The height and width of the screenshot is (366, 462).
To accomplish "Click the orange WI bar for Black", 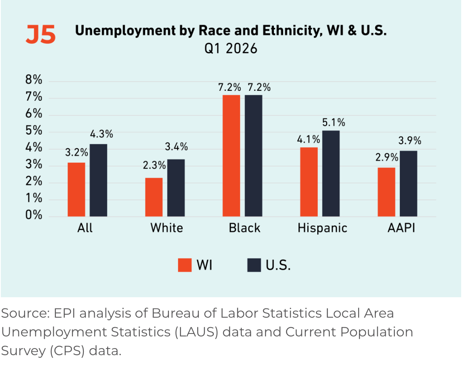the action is coord(231,156).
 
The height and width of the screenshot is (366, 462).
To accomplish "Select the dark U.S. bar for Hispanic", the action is coord(331,174).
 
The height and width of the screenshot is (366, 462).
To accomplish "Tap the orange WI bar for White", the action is coord(154,197).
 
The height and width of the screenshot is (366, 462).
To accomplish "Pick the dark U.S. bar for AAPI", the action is coord(408,184).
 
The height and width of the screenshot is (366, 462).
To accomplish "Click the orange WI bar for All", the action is coord(76,190).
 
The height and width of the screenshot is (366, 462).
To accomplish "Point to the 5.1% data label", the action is coord(334,122).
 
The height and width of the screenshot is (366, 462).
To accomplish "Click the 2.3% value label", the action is coord(154,165).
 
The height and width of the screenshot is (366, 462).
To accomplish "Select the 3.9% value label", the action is coord(410,140).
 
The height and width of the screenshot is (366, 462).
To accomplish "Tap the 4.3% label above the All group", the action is coord(101,134).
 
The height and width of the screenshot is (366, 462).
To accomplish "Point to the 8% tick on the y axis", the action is coord(34,80).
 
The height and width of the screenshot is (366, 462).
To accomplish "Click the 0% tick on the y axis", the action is coord(34,215).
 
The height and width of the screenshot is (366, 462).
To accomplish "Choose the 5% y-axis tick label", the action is coord(34,130).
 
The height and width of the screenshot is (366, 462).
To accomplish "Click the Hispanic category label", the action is coord(322,228).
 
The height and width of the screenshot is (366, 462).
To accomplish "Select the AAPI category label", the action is coord(401,228).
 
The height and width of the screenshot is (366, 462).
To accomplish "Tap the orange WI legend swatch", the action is coord(185,265).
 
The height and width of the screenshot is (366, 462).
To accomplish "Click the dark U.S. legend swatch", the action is coord(254,265).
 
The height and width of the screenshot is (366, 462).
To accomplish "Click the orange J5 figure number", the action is coord(41,35).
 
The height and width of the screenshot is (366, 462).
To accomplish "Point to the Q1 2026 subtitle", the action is coord(231,48).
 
